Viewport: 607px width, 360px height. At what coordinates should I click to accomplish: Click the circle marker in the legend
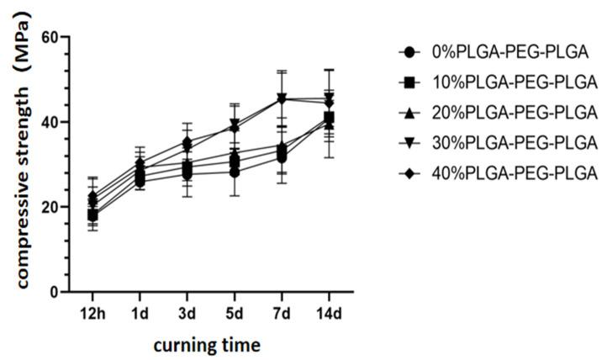pos(409,52)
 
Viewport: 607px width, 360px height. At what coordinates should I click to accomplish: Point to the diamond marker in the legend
pos(409,173)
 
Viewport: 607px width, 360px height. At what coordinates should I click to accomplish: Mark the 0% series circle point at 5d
pos(235,172)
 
